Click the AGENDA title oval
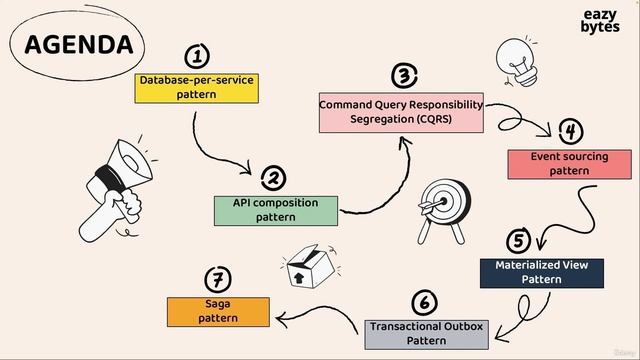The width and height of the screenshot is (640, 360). tap(78, 45)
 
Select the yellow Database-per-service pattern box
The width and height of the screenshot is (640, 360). tap(197, 86)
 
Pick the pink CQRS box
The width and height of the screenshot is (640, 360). tap(401, 112)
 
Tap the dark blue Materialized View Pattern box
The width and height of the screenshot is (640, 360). tap(541, 273)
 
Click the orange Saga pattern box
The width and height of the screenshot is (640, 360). tap(218, 311)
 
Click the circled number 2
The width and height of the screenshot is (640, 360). tap(272, 178)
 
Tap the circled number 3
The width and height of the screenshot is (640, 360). tap(403, 75)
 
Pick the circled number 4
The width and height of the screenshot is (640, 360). tap(570, 131)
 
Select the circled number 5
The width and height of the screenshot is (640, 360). tap(518, 240)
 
